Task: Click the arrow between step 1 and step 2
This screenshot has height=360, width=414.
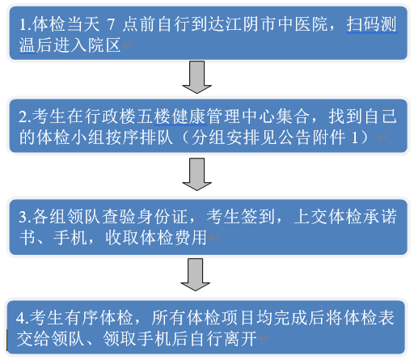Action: tap(196, 77)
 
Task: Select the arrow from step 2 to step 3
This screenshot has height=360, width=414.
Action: tap(196, 174)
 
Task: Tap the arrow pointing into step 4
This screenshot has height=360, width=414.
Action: tap(195, 274)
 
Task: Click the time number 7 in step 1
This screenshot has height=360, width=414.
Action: tap(111, 24)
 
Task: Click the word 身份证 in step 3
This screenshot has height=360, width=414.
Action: tap(162, 217)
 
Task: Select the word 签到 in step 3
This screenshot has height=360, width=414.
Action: tap(258, 217)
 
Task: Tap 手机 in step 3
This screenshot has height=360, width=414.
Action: tap(70, 238)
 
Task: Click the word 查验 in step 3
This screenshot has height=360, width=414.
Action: tap(119, 217)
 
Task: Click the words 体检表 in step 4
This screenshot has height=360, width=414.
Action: tap(368, 318)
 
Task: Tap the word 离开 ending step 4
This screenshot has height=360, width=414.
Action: tap(240, 338)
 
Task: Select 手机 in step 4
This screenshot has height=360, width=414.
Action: tap(154, 338)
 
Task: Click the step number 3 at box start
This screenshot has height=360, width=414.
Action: tap(23, 217)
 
